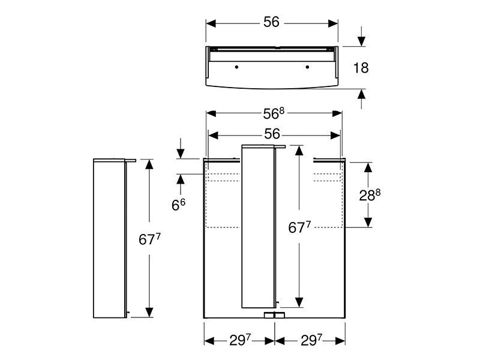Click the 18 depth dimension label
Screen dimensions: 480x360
361,68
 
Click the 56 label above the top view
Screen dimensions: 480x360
272,22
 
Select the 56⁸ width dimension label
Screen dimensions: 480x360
274,113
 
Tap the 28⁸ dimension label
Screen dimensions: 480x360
370,195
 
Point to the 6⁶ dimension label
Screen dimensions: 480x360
178,205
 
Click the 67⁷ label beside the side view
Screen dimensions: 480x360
149,239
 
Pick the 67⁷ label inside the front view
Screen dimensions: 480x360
299,227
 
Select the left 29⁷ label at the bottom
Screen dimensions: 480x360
241,340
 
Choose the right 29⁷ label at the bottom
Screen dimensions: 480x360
311,340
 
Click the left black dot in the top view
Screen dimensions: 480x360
236,67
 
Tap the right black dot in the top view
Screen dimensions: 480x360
307,67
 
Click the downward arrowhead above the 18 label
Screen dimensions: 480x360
362,41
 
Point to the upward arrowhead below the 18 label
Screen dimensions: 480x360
362,94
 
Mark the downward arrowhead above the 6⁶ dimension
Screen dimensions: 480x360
181,154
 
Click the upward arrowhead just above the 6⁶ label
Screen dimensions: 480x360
181,179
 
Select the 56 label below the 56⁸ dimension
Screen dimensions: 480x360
272,134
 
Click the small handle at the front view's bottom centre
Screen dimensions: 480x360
274,315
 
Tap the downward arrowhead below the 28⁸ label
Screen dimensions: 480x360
368,222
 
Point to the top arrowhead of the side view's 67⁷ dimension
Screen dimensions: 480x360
149,164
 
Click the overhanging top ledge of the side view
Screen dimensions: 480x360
115,160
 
